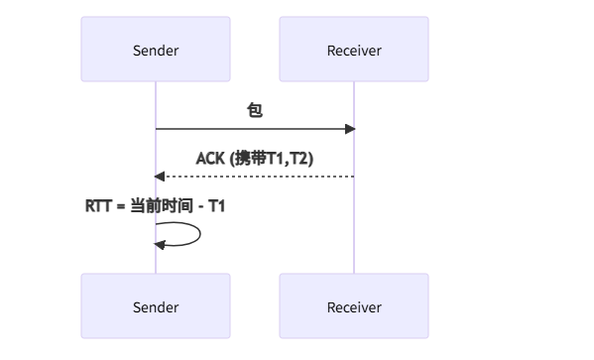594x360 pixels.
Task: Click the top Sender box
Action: coord(156,50)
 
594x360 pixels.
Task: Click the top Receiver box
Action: coord(354,50)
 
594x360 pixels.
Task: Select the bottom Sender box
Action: coord(156,307)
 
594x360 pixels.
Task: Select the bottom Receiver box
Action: coord(354,307)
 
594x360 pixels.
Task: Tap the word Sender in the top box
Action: coord(156,51)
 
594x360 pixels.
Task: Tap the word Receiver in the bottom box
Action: coord(354,308)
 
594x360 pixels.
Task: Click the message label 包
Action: coord(255,111)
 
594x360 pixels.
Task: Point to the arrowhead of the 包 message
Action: coord(350,129)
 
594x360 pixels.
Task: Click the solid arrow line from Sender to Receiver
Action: coord(248,129)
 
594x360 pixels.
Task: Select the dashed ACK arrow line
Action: coord(258,177)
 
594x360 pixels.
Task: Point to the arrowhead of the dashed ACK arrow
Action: coord(160,177)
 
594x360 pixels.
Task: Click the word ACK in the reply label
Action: coord(209,158)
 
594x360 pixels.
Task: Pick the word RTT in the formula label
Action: coord(98,206)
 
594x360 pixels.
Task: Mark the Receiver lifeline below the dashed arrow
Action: coord(354,228)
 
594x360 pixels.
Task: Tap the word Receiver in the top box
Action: coord(354,51)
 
